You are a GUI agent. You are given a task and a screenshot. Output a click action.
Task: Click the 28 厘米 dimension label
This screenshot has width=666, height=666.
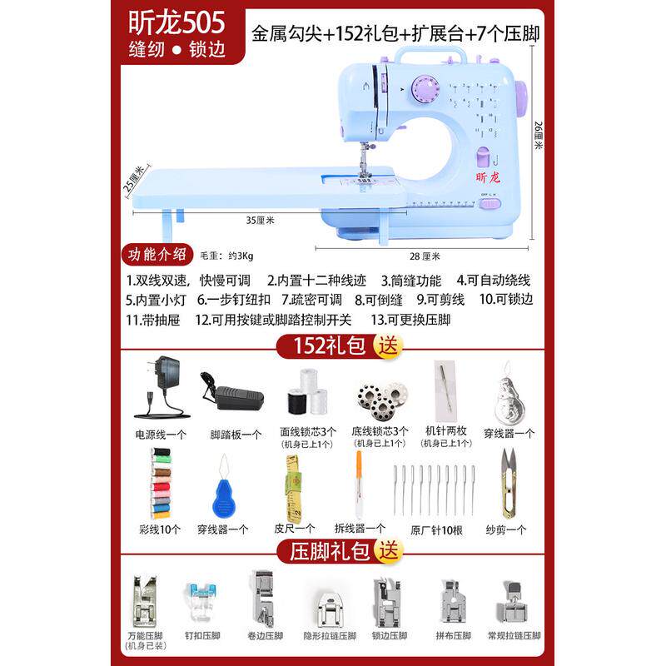click(x=425, y=256)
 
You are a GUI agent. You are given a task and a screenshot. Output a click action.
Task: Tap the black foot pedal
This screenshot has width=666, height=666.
click(x=231, y=391)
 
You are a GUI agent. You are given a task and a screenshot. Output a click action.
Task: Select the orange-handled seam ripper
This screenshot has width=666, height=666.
click(x=358, y=482)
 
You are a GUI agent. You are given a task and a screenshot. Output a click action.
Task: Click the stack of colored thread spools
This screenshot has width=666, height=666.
click(x=159, y=483)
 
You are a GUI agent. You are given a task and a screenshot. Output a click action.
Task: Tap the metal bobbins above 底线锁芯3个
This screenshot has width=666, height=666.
click(x=375, y=397)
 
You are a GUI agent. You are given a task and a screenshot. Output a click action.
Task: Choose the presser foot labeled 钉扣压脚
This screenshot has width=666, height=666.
click(x=199, y=599)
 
